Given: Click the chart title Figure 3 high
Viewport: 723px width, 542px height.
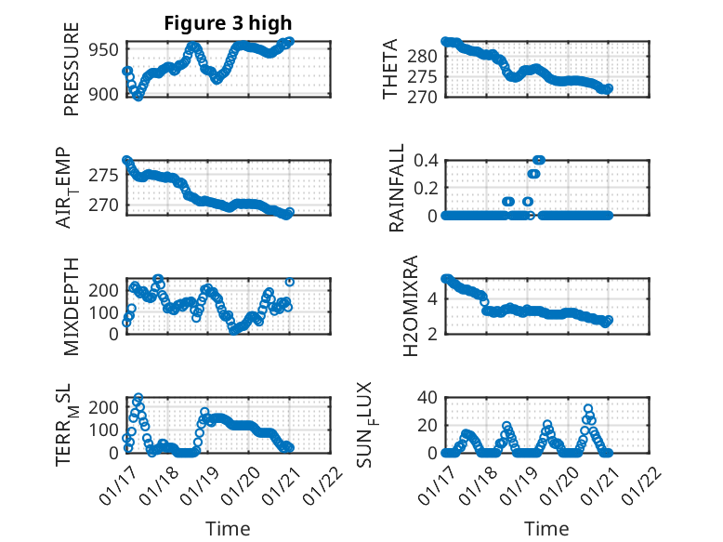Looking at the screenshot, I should [228, 23].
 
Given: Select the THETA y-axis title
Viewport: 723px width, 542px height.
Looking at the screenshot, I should [391, 69].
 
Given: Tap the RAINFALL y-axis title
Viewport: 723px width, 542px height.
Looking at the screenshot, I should [396, 187].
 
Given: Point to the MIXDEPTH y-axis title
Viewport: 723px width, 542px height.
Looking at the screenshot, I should [72, 306].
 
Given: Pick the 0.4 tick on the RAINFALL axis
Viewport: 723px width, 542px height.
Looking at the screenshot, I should [426, 160].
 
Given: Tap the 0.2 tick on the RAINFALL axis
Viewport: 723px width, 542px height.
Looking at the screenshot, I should [426, 188].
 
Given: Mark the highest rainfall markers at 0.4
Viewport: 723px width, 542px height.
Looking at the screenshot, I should [538, 160].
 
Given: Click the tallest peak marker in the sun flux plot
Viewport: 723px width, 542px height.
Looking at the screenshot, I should [588, 409].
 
